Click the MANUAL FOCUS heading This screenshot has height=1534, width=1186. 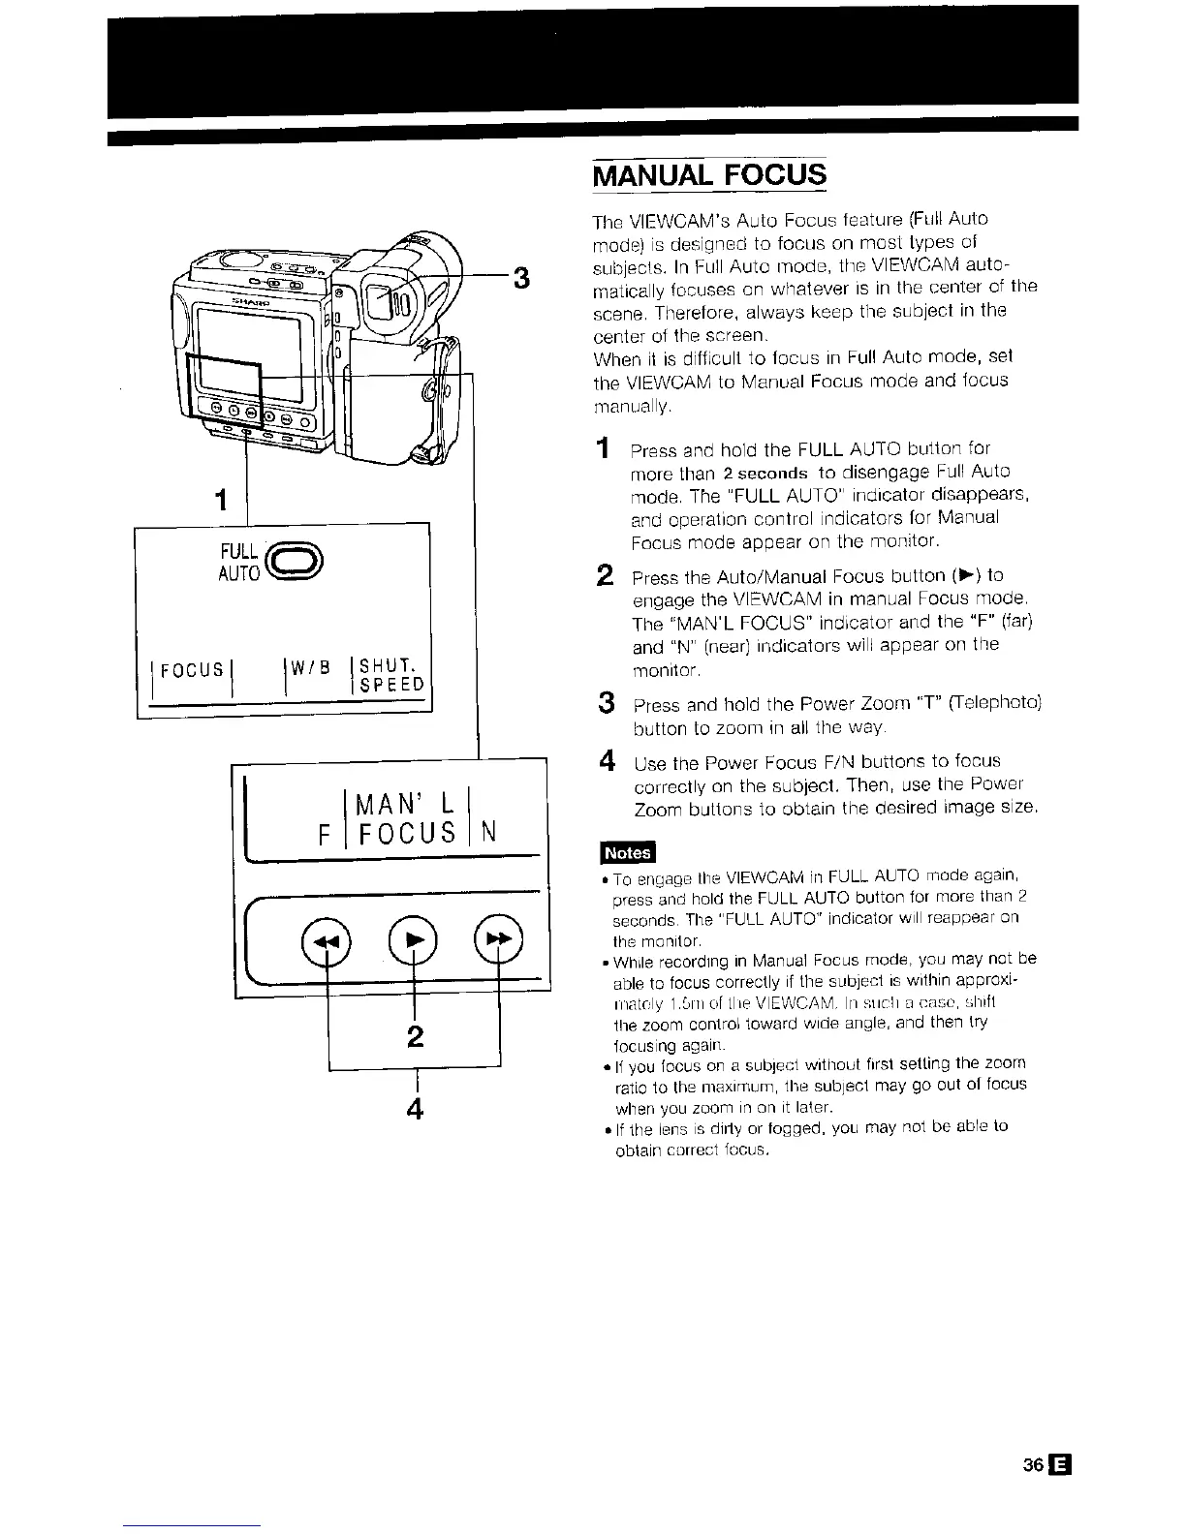coord(709,175)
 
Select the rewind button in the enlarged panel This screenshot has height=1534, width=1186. coord(321,940)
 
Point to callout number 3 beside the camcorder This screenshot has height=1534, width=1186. coord(520,279)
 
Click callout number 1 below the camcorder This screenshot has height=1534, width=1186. coord(222,501)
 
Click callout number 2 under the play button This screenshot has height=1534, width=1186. coord(415,1036)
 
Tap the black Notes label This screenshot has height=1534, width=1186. coord(627,852)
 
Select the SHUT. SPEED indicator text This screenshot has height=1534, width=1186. coord(391,675)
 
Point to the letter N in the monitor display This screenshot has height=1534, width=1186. coord(489,832)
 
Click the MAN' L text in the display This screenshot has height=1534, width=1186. coord(405,804)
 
